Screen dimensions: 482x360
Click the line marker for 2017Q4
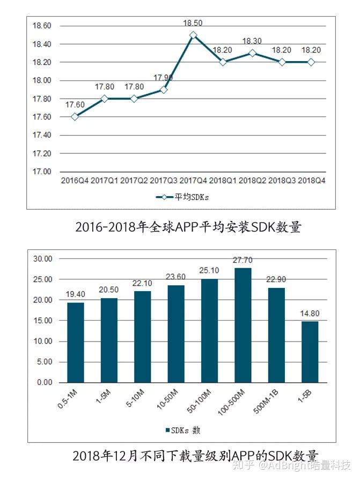tap(193, 35)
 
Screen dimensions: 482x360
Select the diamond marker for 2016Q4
tap(75, 116)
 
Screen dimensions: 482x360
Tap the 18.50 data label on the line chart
tap(193, 23)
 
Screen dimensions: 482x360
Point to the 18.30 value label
tap(252, 41)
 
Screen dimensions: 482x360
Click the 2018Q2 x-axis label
tap(252, 181)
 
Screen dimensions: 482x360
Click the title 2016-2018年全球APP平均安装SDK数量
tap(188, 227)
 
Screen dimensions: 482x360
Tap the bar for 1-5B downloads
tap(310, 352)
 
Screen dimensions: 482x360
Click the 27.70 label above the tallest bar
tap(243, 261)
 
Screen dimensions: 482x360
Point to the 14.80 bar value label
tap(310, 314)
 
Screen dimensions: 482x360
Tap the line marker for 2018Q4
tap(311, 62)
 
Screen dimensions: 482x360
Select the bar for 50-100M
tap(209, 330)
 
